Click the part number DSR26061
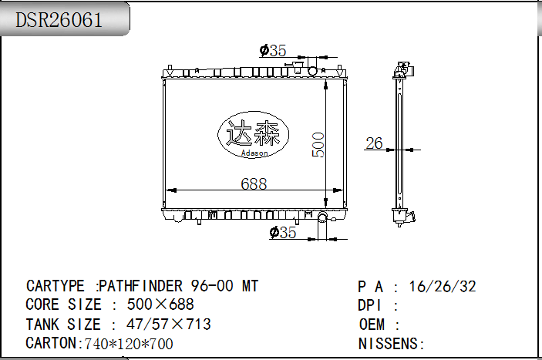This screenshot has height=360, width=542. [x=59, y=20]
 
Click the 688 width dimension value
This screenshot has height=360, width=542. [x=254, y=183]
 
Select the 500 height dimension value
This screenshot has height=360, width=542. [x=318, y=144]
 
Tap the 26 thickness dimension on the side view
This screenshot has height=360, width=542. [x=374, y=143]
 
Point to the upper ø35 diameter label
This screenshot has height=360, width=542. [x=273, y=51]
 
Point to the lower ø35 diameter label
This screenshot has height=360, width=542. [x=283, y=233]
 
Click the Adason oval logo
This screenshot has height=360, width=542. [x=255, y=136]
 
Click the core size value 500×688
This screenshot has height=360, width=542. [x=160, y=305]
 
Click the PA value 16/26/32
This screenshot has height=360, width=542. [x=443, y=287]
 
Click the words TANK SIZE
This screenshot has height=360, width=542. [x=63, y=325]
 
